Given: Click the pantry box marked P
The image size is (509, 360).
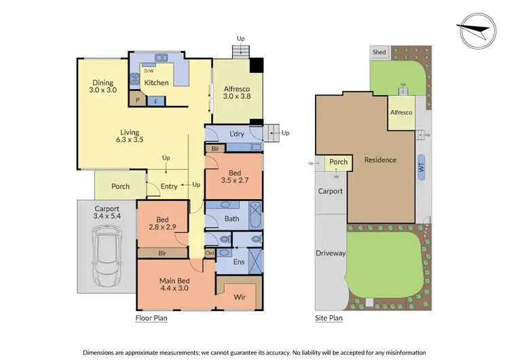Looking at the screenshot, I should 137,99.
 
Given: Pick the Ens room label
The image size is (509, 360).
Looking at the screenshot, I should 240,262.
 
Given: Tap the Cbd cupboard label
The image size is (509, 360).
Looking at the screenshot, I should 210,254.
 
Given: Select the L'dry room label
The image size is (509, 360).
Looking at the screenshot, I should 237,134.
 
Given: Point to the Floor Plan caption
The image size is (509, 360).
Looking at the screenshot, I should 151,317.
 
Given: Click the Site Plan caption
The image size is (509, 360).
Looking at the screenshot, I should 329,317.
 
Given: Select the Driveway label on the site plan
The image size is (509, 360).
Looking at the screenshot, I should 331,253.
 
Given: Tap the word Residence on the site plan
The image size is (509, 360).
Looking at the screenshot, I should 380,160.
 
